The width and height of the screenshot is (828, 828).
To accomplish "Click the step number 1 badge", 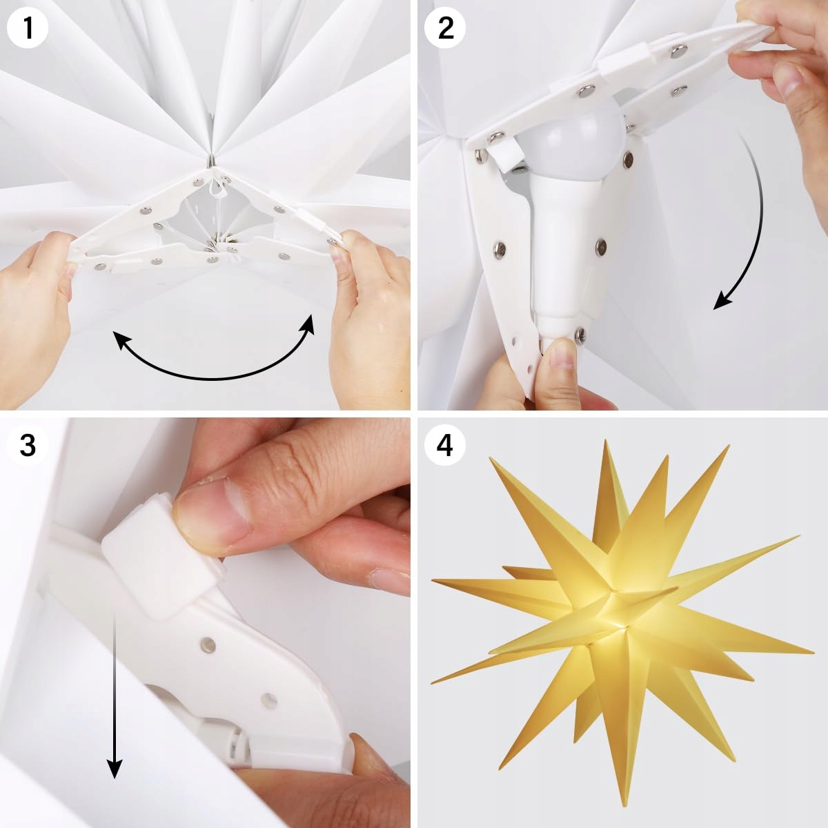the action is [x=28, y=28].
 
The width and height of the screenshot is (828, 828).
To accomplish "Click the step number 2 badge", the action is [x=445, y=28].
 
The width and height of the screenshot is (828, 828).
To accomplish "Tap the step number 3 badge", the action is [x=28, y=446].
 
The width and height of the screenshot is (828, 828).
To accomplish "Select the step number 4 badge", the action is [x=445, y=446].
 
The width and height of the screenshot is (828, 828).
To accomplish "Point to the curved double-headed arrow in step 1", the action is [x=213, y=378].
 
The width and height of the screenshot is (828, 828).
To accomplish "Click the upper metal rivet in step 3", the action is [x=208, y=656].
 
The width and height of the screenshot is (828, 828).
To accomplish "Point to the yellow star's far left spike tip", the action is [x=432, y=581].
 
